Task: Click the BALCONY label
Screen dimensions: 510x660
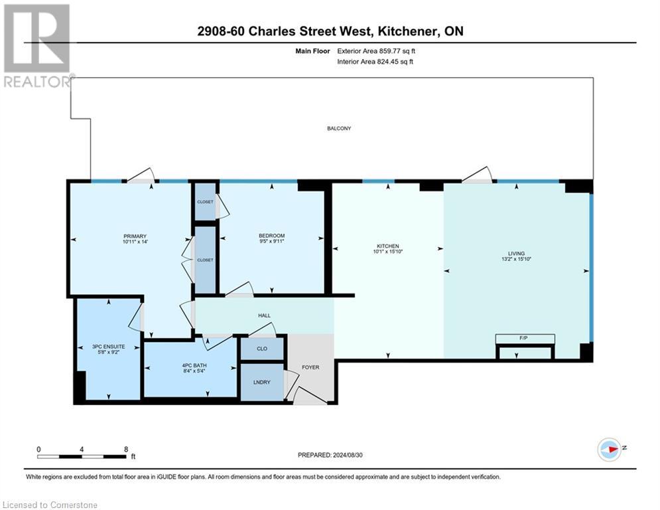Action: [338, 128]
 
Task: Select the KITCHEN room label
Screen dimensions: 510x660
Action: [387, 247]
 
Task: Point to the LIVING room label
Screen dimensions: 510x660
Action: [516, 254]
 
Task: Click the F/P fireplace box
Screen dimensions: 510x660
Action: [525, 339]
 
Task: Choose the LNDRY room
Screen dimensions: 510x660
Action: [261, 383]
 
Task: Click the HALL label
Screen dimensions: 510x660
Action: [264, 315]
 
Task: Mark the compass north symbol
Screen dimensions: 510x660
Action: [610, 448]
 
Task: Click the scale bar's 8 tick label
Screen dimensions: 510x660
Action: [125, 450]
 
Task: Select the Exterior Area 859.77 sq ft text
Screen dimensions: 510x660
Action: [376, 50]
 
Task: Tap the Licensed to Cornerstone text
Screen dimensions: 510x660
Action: [50, 505]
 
